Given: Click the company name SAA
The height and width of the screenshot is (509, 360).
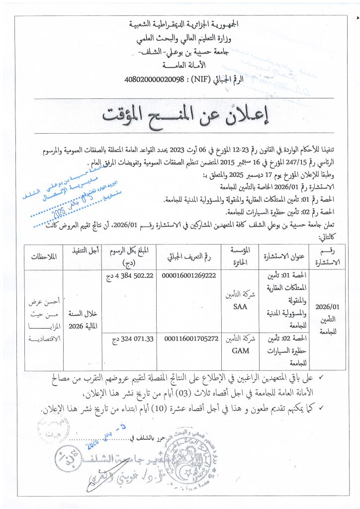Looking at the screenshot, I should [x=240, y=307].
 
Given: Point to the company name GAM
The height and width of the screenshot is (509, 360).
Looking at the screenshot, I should [x=240, y=350].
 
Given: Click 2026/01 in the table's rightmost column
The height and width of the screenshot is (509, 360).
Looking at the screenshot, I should [x=326, y=307].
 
